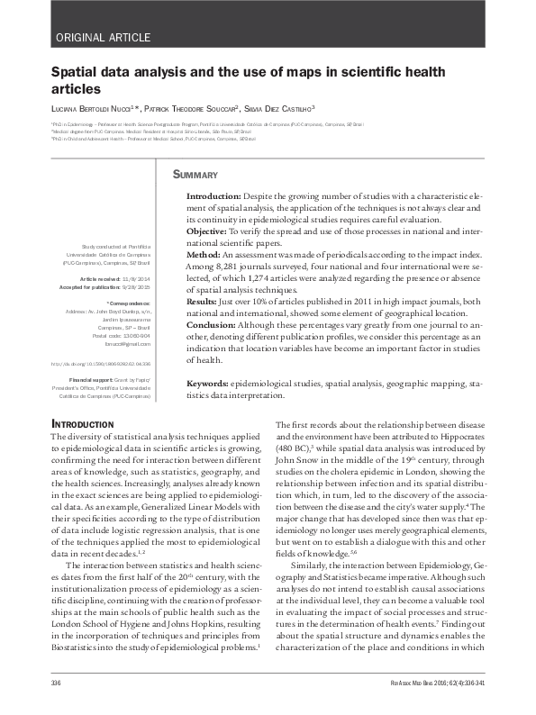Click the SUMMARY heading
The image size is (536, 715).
tap(195, 174)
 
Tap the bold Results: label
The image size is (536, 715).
tap(204, 302)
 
